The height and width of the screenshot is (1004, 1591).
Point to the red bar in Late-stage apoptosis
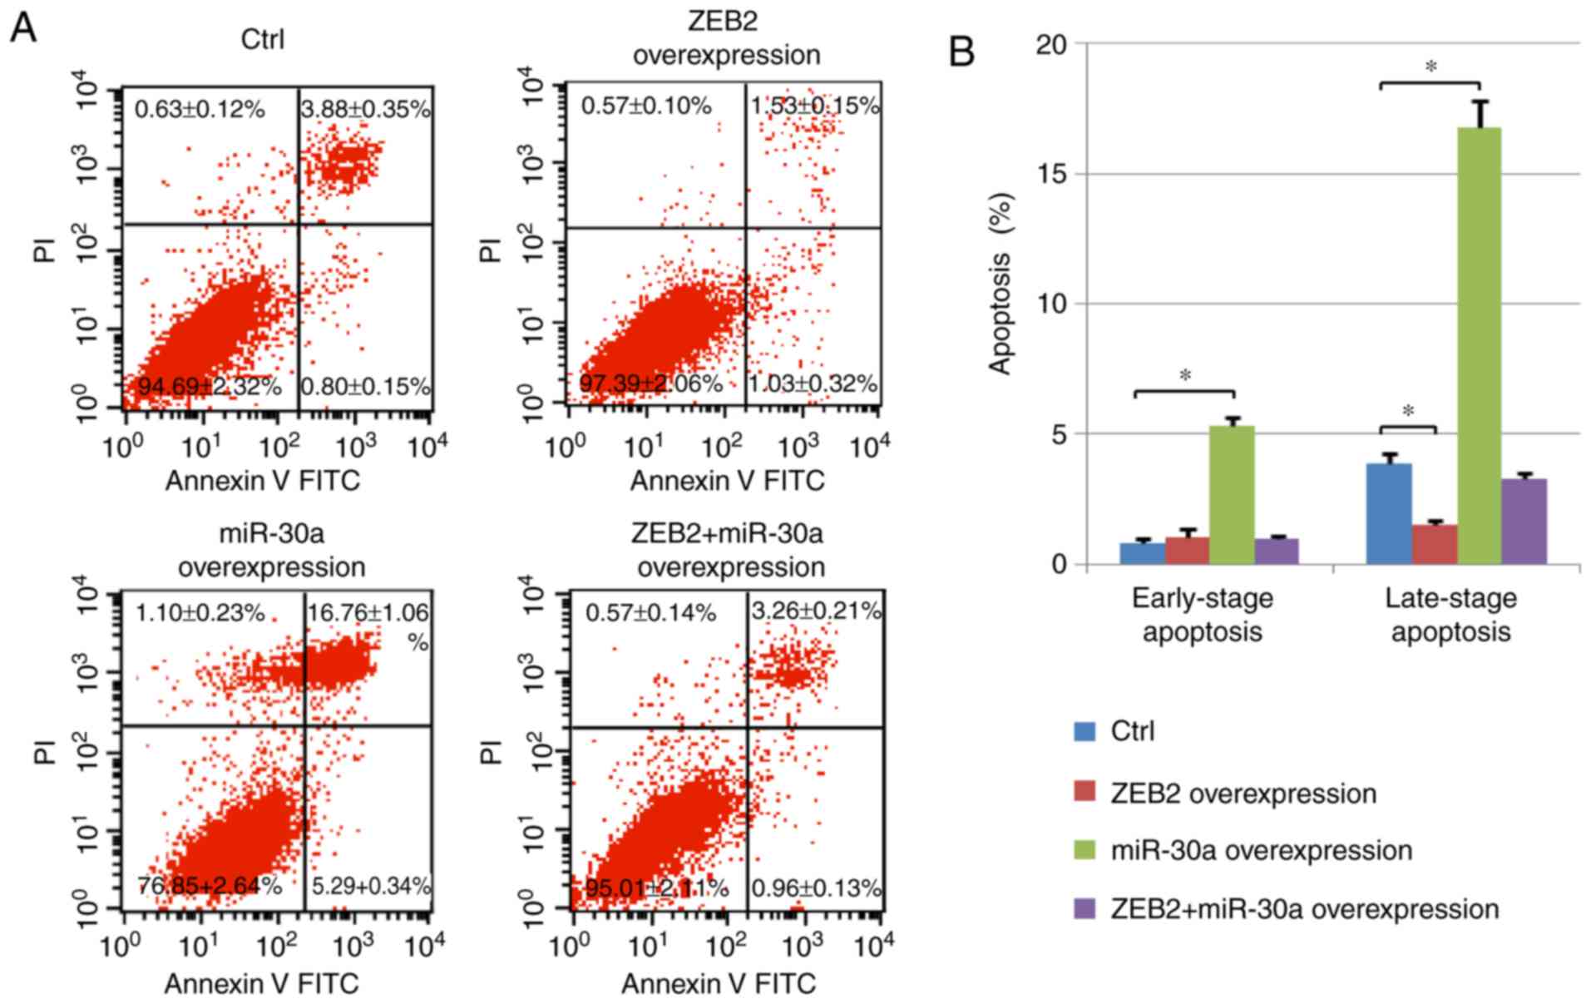[1435, 544]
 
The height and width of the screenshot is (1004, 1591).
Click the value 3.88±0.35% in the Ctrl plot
[365, 109]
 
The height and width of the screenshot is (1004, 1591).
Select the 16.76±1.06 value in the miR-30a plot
[368, 614]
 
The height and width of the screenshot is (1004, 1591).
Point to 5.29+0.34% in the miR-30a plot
[371, 887]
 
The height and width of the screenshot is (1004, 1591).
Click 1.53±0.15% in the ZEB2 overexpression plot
[814, 106]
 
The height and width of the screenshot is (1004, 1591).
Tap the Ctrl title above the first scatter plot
[262, 39]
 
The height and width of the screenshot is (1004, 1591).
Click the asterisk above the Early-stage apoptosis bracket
[1185, 376]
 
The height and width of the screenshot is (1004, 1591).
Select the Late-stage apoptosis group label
[1450, 615]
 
